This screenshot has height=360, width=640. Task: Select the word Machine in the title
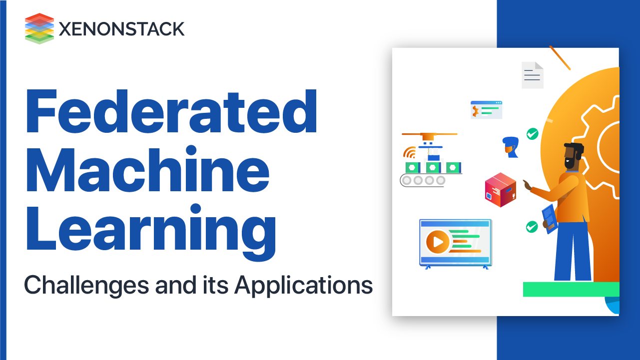coord(147,171)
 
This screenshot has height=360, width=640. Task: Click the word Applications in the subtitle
coord(303,286)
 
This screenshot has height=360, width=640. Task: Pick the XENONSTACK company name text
coord(121,29)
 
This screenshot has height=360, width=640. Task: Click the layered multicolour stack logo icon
coord(39,28)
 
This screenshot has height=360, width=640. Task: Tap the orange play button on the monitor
coord(438,242)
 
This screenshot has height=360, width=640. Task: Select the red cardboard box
coord(500,190)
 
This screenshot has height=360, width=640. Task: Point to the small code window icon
coord(486,110)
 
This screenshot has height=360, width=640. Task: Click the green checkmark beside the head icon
coord(532,134)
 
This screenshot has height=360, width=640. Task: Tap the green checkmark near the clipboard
coord(532,227)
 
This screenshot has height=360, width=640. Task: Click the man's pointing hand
coord(527,185)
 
